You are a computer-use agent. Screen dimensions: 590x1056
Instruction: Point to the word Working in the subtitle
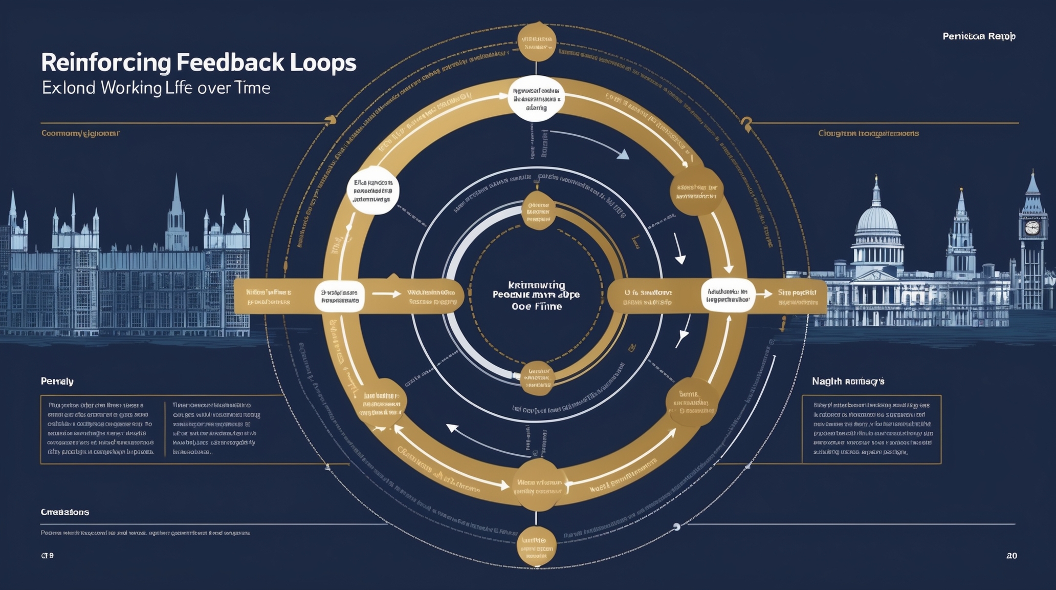pyautogui.click(x=131, y=88)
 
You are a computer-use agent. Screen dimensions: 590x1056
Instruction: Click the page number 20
pyautogui.click(x=1011, y=556)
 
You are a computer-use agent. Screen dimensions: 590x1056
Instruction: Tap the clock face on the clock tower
pyautogui.click(x=1032, y=227)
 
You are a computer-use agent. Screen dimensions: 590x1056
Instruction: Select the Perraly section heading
pyautogui.click(x=57, y=382)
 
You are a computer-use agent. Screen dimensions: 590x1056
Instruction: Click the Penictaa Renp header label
pyautogui.click(x=979, y=36)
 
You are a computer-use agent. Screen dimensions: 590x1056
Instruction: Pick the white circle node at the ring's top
pyautogui.click(x=536, y=99)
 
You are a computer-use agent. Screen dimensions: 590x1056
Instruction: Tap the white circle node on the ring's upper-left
pyautogui.click(x=373, y=191)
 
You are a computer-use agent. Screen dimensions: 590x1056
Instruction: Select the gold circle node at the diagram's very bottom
pyautogui.click(x=536, y=546)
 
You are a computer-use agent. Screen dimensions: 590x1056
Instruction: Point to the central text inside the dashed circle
pyautogui.click(x=537, y=296)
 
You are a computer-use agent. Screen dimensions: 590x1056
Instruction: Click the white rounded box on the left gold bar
pyautogui.click(x=339, y=296)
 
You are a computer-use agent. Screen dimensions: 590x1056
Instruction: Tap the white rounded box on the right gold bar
pyautogui.click(x=728, y=296)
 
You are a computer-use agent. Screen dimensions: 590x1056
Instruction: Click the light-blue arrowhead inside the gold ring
pyautogui.click(x=623, y=154)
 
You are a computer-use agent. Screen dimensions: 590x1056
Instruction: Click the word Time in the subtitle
pyautogui.click(x=252, y=88)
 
